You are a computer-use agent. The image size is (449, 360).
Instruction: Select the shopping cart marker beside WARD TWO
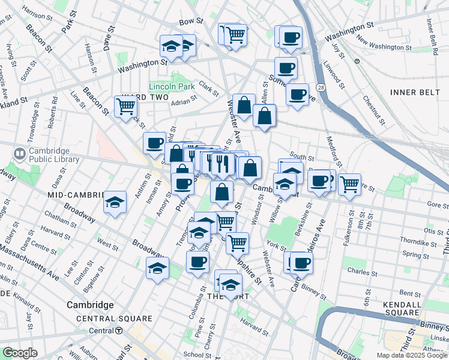point(126,107)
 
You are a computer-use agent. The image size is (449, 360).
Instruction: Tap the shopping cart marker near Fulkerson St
point(349,184)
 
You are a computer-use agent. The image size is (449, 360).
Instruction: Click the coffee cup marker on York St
point(301,262)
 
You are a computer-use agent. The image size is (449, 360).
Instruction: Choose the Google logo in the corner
point(20,353)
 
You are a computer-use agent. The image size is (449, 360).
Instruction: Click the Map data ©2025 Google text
point(412,355)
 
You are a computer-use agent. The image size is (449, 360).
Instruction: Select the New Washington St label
point(378,41)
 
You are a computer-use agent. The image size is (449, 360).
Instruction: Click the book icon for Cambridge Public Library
point(19,155)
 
